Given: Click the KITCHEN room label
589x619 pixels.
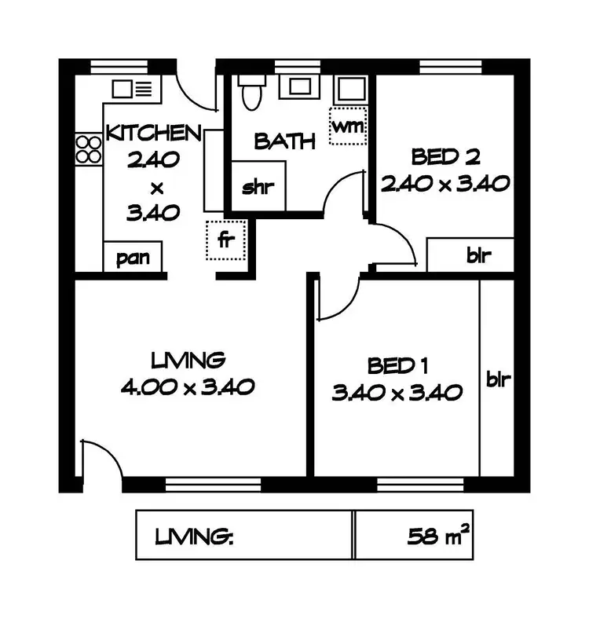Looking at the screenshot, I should (154, 132).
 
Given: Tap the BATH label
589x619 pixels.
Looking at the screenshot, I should (285, 142).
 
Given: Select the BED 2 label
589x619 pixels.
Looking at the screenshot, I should (445, 157).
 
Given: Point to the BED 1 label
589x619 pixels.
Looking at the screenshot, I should (391, 366).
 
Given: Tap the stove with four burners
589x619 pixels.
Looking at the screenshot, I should (89, 149).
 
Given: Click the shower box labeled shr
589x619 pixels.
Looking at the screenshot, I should (257, 188).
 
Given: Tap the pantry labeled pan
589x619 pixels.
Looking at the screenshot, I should (134, 257).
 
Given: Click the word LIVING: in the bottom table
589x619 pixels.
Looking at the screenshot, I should (196, 538).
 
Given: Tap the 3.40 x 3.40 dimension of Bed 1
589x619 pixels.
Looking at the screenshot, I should (397, 392).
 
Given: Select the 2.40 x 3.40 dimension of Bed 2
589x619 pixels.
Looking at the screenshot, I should (446, 183).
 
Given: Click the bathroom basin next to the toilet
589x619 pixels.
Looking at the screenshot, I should (298, 86).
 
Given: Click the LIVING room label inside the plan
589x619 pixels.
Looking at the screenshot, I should (188, 361).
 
